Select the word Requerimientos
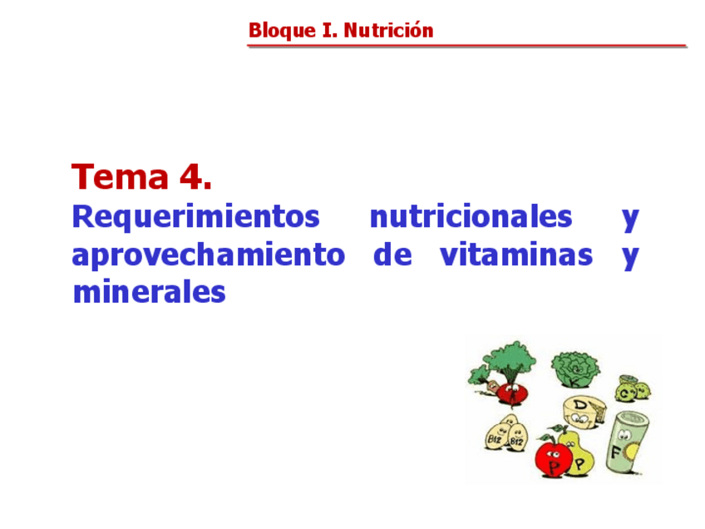pos(195,217)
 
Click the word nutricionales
pos(471,217)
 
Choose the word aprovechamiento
pos(208,255)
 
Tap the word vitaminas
pos(515,255)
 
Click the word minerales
pos(149,292)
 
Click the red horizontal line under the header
pos(466,47)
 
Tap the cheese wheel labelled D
pos(585,409)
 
